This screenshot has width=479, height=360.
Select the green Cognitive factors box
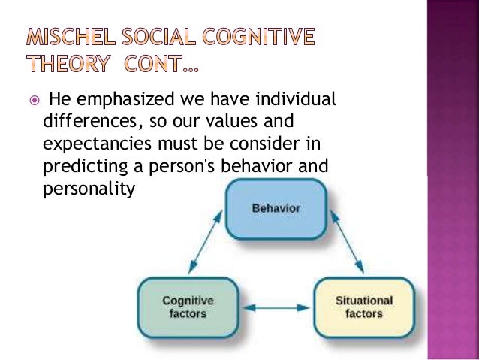(187, 307)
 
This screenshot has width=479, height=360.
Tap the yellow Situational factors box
(363, 307)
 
